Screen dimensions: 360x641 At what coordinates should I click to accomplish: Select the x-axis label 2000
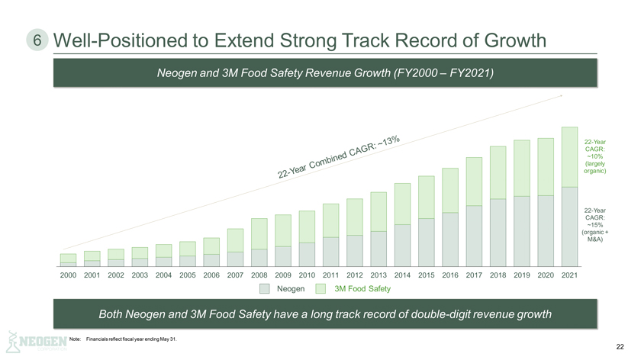[x=68, y=274]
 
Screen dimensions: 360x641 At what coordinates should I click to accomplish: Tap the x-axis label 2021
[x=569, y=274]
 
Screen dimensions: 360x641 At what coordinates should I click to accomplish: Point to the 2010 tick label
[x=307, y=274]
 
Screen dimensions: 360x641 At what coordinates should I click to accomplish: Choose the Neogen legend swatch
[x=264, y=288]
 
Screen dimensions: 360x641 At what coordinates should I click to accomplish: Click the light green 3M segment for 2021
[x=569, y=156]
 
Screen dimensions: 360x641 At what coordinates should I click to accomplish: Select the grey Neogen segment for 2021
[x=569, y=227]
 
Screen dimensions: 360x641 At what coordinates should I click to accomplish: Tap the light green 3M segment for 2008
[x=259, y=233]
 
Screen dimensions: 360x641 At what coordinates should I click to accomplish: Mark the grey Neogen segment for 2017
[x=474, y=236]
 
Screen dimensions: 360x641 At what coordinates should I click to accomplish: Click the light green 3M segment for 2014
[x=402, y=204]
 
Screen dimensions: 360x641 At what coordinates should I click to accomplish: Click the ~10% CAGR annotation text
[x=594, y=156]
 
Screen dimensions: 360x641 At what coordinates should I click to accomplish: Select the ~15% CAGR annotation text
[x=594, y=225]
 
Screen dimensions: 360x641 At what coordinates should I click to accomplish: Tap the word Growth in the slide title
[x=502, y=40]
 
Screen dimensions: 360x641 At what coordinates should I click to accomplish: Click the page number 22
[x=620, y=347]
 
